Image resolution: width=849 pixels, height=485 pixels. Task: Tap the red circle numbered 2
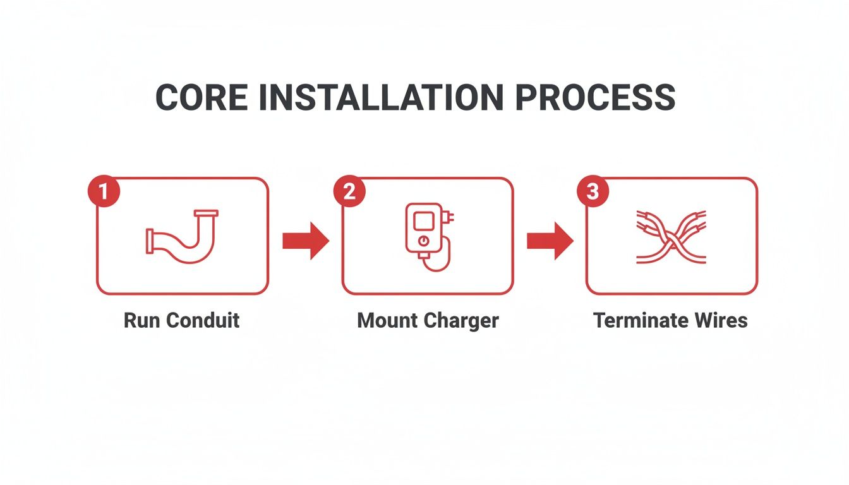(349, 191)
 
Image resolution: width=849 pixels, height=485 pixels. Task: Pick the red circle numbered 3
(593, 191)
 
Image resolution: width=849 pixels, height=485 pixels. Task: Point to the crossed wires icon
(670, 236)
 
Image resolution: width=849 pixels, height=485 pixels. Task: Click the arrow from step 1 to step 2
(305, 240)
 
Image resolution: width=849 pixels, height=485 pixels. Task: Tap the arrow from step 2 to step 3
(550, 240)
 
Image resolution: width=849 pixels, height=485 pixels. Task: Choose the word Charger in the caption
(462, 320)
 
